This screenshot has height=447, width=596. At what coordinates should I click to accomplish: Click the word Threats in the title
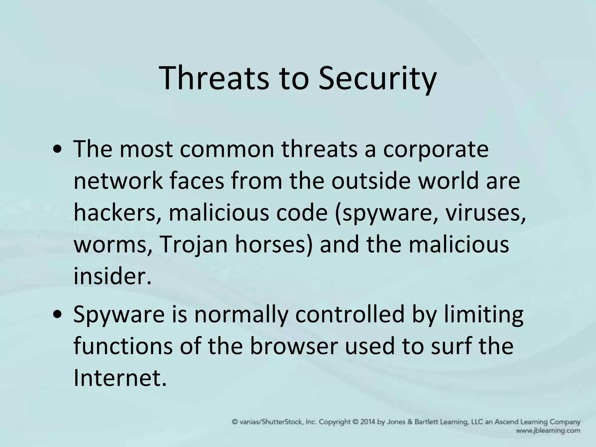pos(214,78)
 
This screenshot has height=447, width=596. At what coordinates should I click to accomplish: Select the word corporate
pos(436,150)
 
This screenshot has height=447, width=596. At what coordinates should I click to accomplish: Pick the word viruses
pos(486,213)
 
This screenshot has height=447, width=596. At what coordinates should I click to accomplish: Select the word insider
pos(112,276)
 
